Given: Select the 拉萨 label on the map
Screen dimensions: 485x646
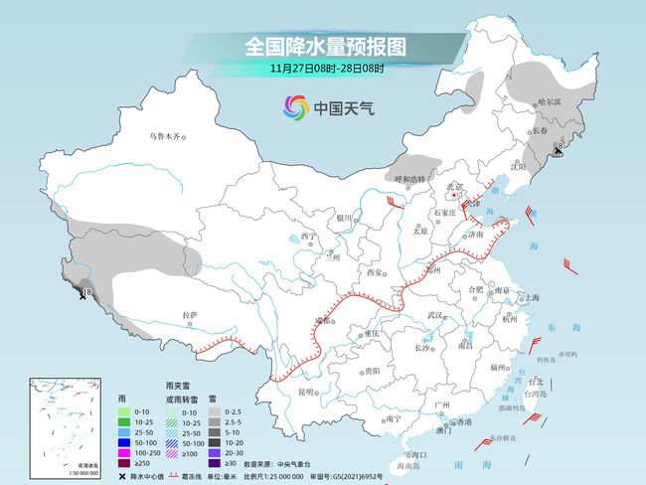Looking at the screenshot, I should (x=191, y=315).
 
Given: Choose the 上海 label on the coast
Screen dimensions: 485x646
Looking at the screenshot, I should (x=533, y=297).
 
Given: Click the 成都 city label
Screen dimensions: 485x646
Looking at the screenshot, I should (x=323, y=320).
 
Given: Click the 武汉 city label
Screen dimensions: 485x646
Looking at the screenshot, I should (x=432, y=314).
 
